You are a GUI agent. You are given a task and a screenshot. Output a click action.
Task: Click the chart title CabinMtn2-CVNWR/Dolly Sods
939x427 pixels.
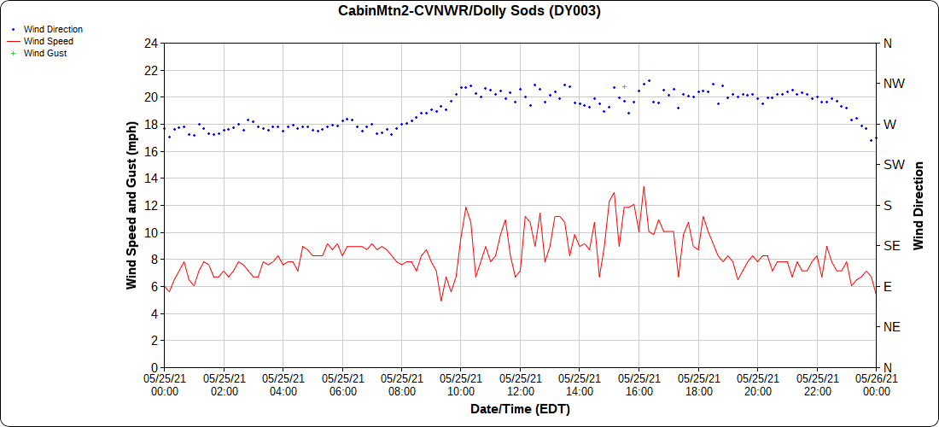[469, 11]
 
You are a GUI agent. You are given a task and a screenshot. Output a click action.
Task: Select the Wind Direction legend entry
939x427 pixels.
[53, 29]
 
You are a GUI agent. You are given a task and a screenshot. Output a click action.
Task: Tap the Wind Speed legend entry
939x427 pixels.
[48, 41]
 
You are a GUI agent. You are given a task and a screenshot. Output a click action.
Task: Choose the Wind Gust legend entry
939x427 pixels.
[45, 53]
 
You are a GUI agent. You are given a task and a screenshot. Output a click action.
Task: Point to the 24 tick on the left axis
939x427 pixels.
[151, 43]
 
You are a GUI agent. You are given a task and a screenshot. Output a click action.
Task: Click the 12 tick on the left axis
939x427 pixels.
[151, 205]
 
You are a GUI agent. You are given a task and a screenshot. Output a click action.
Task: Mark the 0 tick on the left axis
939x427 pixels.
[154, 367]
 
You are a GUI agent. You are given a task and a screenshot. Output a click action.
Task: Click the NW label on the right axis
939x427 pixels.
[893, 84]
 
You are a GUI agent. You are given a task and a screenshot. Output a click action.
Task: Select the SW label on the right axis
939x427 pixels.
[893, 165]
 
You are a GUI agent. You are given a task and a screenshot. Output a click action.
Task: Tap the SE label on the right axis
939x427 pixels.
[891, 246]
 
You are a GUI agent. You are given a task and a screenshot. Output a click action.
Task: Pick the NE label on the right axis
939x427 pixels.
[891, 327]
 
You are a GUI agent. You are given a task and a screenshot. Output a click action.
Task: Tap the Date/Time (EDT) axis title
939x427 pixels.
[520, 410]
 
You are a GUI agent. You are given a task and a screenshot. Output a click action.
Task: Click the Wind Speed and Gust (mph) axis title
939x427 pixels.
[131, 205]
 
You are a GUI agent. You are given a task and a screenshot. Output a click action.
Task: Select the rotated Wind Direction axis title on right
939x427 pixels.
[919, 205]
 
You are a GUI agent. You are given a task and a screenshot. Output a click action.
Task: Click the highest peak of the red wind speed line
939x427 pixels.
[644, 186]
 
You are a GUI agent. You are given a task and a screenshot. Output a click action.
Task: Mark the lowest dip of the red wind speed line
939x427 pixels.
[441, 301]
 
